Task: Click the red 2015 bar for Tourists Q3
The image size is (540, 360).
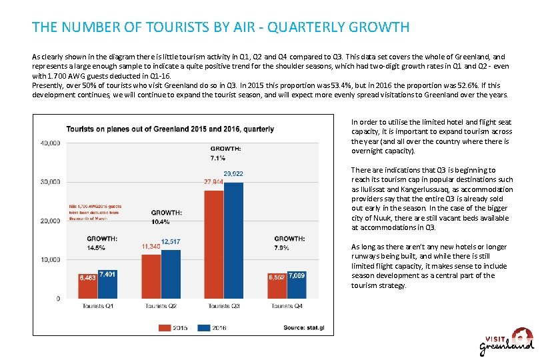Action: (213, 244)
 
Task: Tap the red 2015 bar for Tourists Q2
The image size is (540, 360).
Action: (151, 275)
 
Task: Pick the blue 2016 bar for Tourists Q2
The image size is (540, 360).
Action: (171, 273)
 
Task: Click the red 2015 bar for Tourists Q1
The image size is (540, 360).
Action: (87, 285)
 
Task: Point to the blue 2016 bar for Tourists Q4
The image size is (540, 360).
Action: (297, 285)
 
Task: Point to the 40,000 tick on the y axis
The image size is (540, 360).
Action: (51, 143)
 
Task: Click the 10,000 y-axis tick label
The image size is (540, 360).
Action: (51, 260)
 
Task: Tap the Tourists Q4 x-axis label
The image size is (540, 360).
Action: (287, 306)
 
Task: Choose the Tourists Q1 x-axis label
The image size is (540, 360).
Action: (97, 306)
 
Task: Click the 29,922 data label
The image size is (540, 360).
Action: (233, 174)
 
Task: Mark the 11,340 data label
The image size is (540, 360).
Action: (151, 247)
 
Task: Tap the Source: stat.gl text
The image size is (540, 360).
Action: (303, 327)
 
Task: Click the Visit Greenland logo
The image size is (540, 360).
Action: (507, 342)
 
